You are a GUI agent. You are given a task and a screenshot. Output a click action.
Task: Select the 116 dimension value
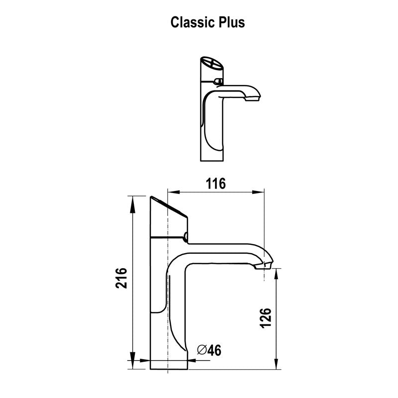[215, 183]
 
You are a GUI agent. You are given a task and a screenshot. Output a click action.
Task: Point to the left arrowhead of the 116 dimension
[171, 192]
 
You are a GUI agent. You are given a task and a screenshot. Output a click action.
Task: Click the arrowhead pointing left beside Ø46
[191, 359]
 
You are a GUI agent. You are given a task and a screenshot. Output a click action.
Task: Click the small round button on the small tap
[218, 81]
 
